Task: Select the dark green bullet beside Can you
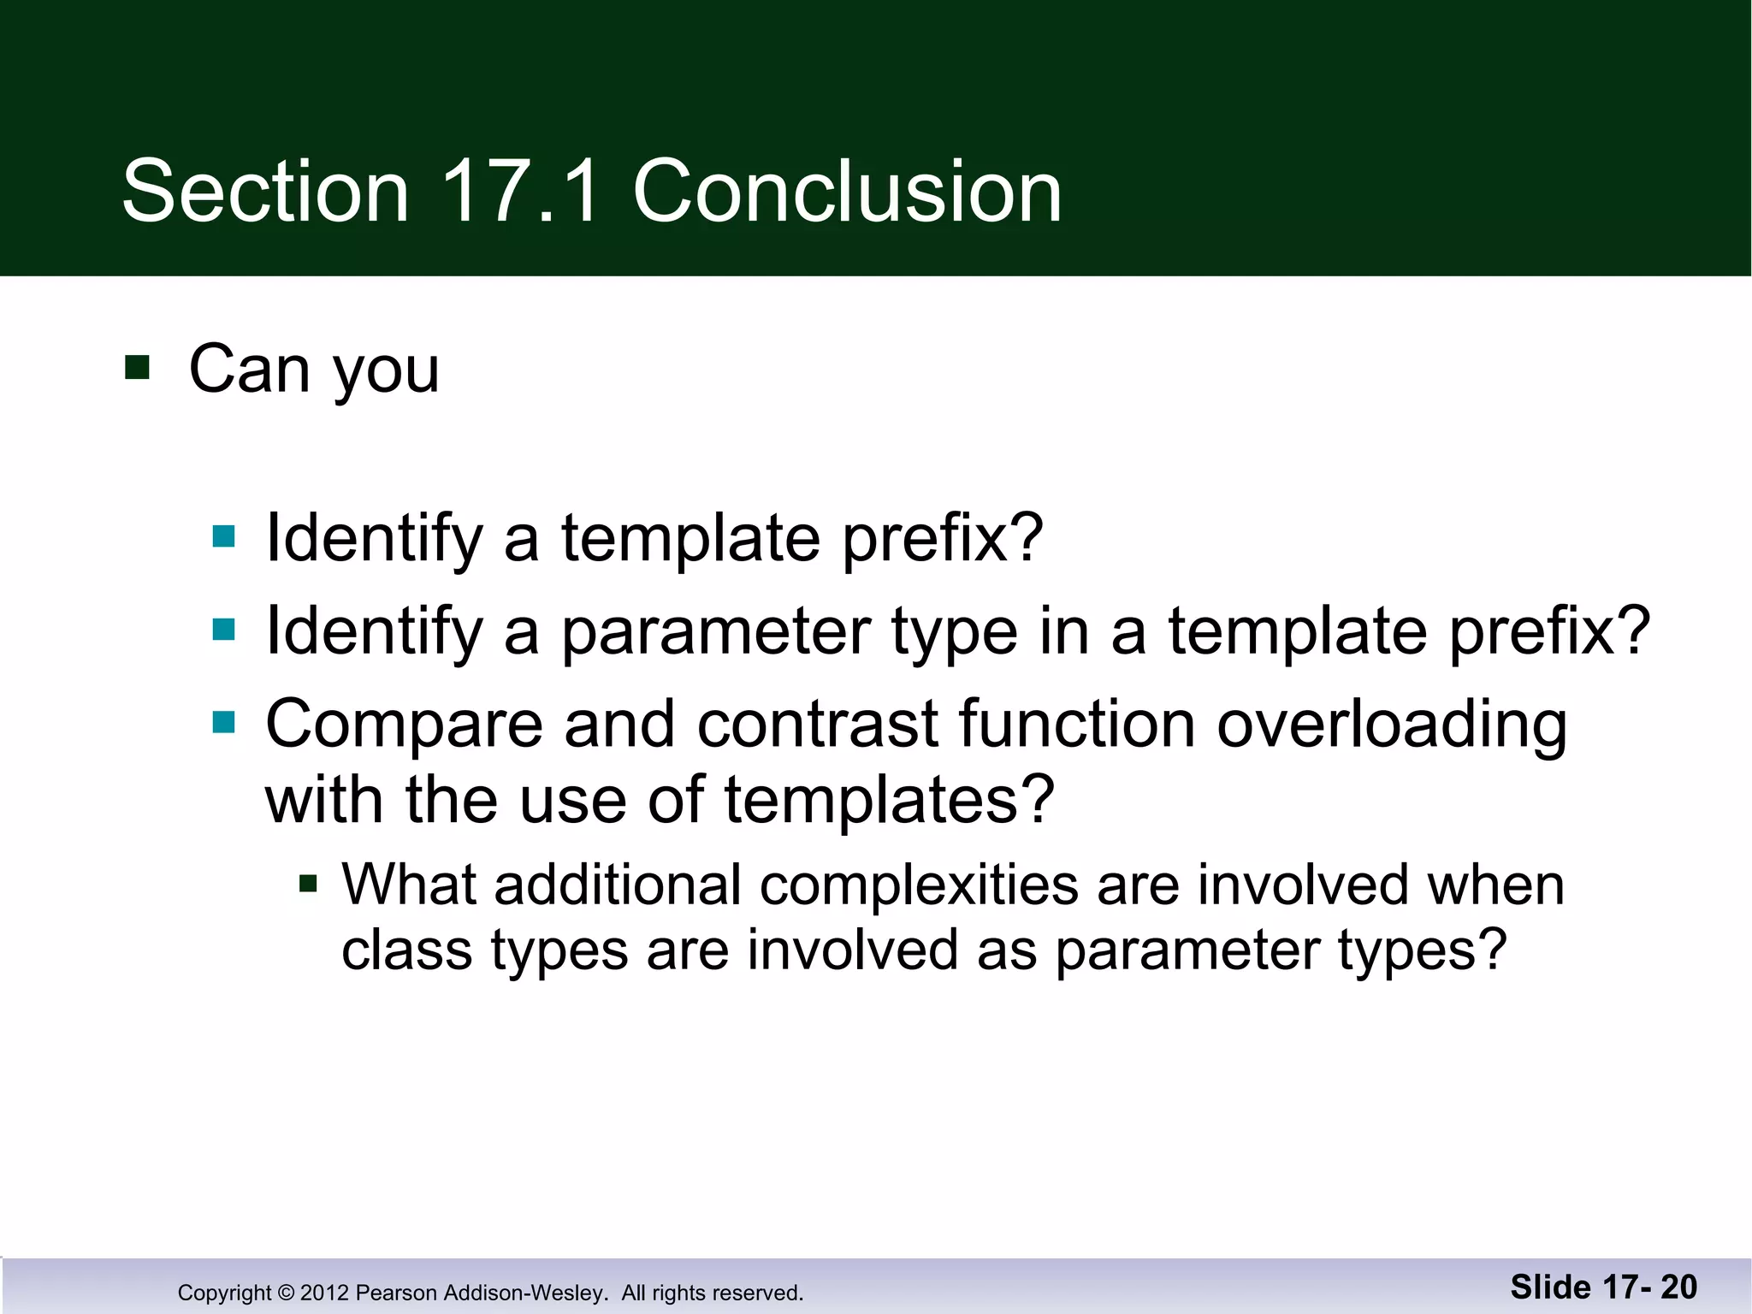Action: point(137,368)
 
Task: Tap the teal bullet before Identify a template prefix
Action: point(223,536)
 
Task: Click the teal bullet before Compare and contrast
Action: point(223,723)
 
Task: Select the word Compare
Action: point(404,725)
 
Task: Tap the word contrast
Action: point(818,725)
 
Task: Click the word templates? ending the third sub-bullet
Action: point(890,801)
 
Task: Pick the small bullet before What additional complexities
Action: point(308,883)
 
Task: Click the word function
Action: point(1076,725)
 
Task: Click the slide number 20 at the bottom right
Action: point(1678,1287)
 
